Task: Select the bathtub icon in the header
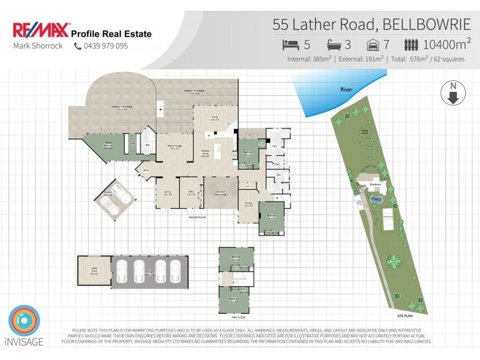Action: [x=334, y=44]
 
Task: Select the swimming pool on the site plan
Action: [x=376, y=198]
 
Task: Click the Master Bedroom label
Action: [x=109, y=146]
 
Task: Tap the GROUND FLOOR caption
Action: [x=197, y=217]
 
